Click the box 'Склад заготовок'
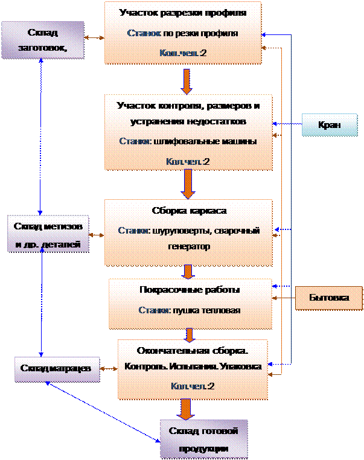coord(42,39)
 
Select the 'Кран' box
coord(329,125)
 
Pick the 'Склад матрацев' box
coord(57,368)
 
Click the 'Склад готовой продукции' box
coord(204,439)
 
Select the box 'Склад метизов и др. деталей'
coord(48,234)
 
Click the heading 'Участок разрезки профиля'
coord(182,12)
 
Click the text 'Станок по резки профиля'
coord(182,33)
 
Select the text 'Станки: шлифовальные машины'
coord(188,142)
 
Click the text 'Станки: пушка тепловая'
coord(190,311)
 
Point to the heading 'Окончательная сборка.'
coord(193,350)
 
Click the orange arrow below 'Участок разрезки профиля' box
coord(187,78)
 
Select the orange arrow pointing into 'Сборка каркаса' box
coord(188,184)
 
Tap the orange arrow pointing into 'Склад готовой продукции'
coord(187,408)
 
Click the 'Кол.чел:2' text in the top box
coord(182,53)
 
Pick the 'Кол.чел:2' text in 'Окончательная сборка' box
coord(193,386)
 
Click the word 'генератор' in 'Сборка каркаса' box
coord(189,247)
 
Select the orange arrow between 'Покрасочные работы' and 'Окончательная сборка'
coord(190,334)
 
